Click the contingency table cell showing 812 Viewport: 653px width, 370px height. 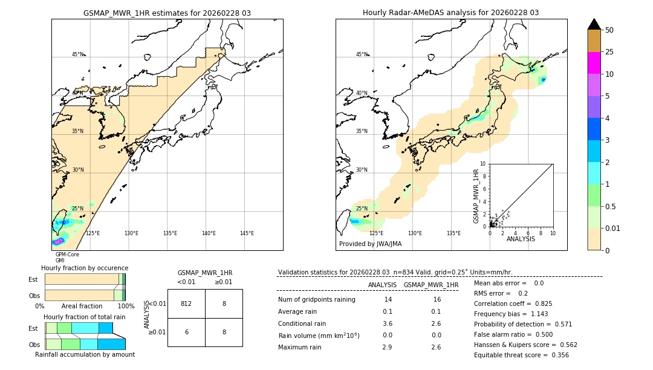click(x=186, y=303)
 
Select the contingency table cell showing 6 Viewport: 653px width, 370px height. click(x=186, y=332)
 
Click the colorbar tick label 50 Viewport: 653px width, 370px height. click(x=609, y=30)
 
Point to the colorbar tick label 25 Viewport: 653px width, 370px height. click(x=609, y=52)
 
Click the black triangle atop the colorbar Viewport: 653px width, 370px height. click(x=594, y=24)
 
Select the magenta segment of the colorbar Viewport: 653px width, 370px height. click(x=594, y=63)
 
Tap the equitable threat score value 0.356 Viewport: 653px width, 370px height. click(x=557, y=355)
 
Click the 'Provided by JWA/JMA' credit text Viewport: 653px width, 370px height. click(x=370, y=244)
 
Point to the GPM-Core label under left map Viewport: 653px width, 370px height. click(x=67, y=255)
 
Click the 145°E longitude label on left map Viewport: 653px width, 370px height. click(x=247, y=233)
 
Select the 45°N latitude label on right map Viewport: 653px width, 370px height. click(x=361, y=54)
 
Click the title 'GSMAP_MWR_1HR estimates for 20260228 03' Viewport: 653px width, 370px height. click(x=167, y=13)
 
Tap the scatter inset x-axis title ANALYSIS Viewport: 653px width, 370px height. click(x=521, y=239)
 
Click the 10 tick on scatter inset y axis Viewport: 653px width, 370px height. click(x=483, y=164)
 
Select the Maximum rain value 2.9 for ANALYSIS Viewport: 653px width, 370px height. click(x=388, y=347)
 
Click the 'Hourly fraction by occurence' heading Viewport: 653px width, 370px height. click(x=85, y=268)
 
